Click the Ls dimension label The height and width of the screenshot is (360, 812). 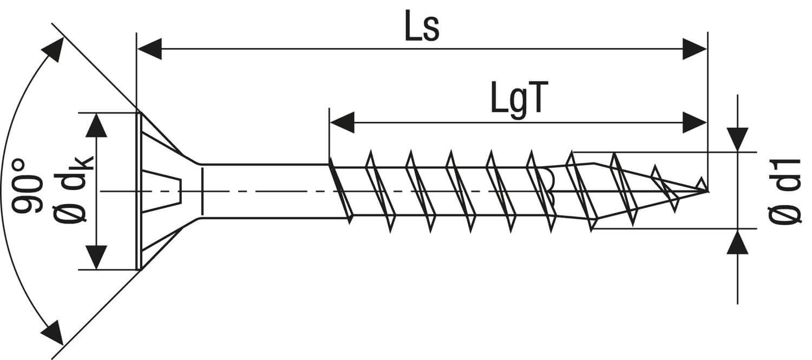pyautogui.click(x=422, y=25)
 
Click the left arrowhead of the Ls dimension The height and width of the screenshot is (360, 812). pyautogui.click(x=149, y=49)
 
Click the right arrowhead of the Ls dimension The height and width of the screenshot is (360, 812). pyautogui.click(x=695, y=49)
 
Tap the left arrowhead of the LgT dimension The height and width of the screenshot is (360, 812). pyautogui.click(x=342, y=122)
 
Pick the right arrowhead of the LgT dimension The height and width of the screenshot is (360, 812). pyautogui.click(x=695, y=122)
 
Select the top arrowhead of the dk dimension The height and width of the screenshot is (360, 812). pyautogui.click(x=96, y=126)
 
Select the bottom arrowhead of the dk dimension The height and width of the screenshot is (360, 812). pyautogui.click(x=96, y=257)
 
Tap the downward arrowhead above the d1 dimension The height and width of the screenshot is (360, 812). pyautogui.click(x=737, y=139)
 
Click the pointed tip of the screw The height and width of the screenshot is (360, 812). pyautogui.click(x=707, y=191)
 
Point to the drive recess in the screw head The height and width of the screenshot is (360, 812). pyautogui.click(x=161, y=191)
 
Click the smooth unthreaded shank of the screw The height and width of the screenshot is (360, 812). pyautogui.click(x=265, y=191)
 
